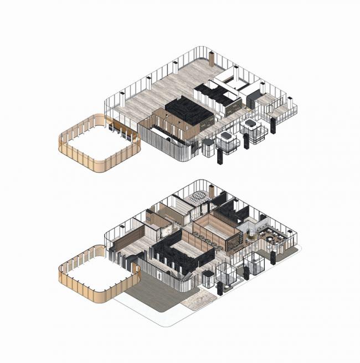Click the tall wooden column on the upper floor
coord(212,59)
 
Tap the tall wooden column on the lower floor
coord(211,192)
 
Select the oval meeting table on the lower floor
coord(197,196)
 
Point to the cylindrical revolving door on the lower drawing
coord(208,279)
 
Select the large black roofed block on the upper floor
coord(189,111)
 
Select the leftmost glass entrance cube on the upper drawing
coord(227,141)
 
